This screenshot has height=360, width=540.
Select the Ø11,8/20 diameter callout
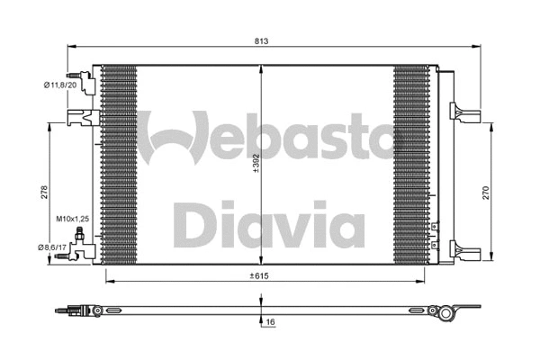[x=58, y=85]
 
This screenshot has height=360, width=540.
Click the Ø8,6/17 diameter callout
[x=55, y=246]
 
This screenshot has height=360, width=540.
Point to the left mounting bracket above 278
[x=79, y=116]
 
